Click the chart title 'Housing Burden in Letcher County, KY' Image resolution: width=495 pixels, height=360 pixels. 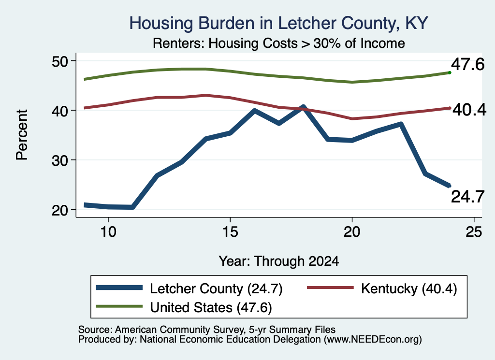tap(278, 23)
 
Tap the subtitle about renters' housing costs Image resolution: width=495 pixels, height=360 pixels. tap(279, 43)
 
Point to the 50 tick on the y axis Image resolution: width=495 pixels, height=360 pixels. tap(60, 61)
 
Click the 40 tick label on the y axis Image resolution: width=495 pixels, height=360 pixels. tap(60, 111)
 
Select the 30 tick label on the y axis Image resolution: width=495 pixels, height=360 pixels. tap(60, 160)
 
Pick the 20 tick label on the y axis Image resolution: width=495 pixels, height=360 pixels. tap(60, 210)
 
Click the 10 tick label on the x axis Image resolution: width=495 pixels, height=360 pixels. tap(108, 232)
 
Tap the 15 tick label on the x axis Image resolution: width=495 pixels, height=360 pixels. tap(230, 232)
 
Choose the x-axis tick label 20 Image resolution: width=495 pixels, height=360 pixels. tap(352, 232)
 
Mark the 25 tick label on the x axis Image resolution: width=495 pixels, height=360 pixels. tap(474, 232)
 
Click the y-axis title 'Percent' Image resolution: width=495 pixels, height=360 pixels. tap(22, 135)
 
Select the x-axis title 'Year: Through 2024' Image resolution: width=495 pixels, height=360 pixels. tap(279, 261)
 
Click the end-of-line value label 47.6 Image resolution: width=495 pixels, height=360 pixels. tap(467, 64)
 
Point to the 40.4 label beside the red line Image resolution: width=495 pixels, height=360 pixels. tap(469, 110)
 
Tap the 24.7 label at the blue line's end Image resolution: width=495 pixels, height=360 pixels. tap(467, 197)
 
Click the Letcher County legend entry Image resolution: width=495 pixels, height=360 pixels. tap(189, 288)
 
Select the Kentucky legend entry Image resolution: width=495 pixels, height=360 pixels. tap(382, 288)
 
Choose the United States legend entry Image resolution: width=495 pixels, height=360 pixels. tap(184, 307)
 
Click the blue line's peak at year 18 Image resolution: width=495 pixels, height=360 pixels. tap(303, 107)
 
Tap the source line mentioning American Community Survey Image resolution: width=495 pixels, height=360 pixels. tap(207, 330)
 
